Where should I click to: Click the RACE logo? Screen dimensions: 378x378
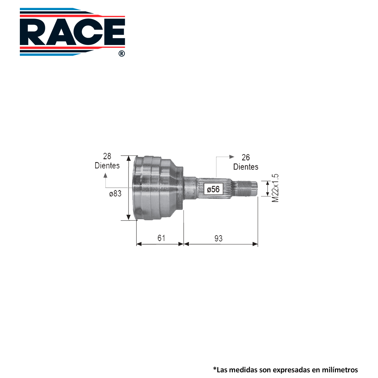click(72, 32)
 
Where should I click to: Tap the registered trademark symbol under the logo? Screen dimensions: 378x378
click(122, 54)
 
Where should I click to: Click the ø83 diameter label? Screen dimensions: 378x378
click(115, 194)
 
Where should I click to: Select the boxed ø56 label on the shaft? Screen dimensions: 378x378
click(213, 189)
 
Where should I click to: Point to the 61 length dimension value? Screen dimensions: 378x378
click(161, 238)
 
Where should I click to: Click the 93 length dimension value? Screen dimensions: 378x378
click(219, 238)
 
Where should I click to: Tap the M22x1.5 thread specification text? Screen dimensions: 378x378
click(275, 188)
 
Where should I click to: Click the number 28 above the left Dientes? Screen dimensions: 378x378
click(107, 156)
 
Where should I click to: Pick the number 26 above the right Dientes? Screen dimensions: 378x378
click(246, 157)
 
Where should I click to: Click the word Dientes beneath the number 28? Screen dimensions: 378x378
click(107, 166)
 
